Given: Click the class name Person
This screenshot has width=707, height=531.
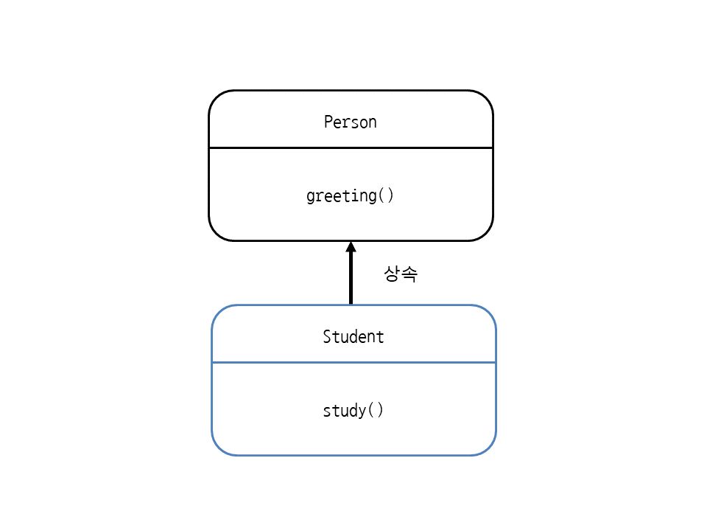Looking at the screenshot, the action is [351, 122].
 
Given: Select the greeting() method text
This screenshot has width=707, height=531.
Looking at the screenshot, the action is [350, 196].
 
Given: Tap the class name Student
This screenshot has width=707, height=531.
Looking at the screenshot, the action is [353, 336].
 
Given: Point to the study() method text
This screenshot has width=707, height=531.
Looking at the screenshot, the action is [353, 411].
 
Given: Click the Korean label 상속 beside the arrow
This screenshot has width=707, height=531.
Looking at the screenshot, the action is [401, 274].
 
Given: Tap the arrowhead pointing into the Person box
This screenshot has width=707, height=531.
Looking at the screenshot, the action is [351, 247].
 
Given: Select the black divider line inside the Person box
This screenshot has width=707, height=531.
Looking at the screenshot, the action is [351, 147].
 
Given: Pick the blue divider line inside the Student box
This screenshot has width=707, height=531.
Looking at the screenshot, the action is [354, 362].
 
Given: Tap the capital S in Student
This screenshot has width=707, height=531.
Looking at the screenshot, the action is [327, 336].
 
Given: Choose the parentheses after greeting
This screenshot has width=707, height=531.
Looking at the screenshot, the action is [386, 195].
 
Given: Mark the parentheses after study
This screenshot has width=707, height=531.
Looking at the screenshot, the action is [376, 410].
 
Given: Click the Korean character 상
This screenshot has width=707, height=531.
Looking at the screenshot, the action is [391, 274].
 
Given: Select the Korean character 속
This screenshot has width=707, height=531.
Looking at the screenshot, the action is [409, 274].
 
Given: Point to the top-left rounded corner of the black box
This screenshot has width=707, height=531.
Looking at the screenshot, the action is [217, 98].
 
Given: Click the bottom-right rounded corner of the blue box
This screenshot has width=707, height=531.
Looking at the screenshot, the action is [488, 448].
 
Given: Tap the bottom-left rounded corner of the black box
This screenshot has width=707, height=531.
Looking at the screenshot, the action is [217, 233].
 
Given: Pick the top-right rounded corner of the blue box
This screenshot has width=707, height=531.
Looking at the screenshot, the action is [488, 313].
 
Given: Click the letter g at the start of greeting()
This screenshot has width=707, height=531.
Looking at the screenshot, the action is [311, 197].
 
